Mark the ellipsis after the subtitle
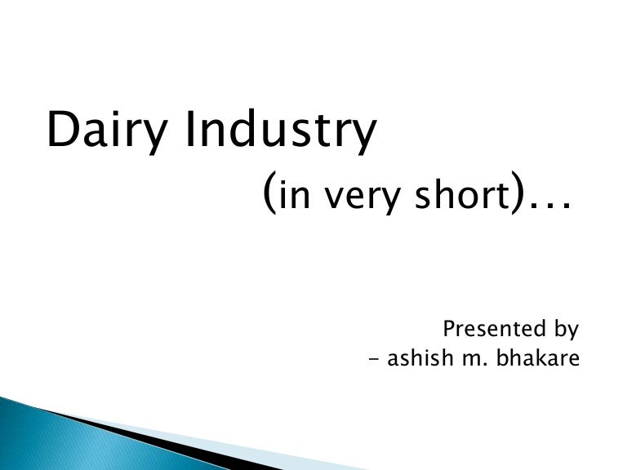tap(547, 208)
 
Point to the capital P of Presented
tap(449, 330)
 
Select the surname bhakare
tap(539, 358)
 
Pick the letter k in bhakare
tap(542, 358)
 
